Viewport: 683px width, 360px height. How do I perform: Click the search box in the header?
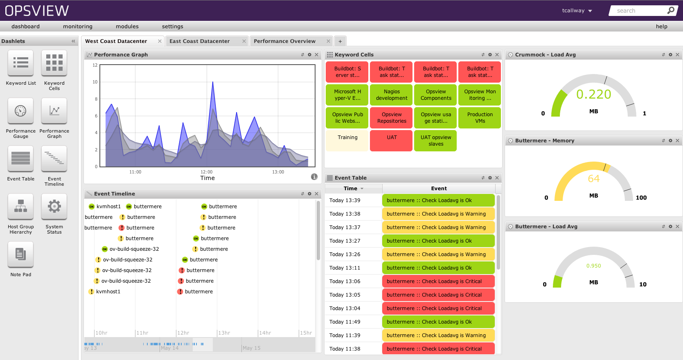pos(640,11)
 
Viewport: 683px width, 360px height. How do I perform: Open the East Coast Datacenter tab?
pos(199,41)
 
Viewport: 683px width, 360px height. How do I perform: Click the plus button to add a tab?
pos(340,41)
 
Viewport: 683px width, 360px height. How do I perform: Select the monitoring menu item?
pos(78,27)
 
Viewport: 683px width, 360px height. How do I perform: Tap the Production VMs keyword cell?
pos(480,118)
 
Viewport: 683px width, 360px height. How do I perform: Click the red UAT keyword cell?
pos(392,140)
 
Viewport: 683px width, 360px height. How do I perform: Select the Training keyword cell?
pos(347,140)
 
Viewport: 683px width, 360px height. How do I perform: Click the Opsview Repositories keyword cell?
pos(392,118)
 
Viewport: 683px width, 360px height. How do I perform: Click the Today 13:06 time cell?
pos(345,281)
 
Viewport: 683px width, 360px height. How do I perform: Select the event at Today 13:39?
pos(438,200)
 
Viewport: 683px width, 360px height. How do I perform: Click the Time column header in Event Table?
pos(351,189)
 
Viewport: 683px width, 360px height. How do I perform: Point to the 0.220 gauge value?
pos(593,94)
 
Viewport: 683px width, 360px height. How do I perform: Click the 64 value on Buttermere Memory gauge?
pos(593,179)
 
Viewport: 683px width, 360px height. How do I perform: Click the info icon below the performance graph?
pos(314,177)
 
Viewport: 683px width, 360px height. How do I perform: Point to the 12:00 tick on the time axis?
pos(206,172)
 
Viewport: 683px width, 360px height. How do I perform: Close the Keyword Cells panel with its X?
pos(497,55)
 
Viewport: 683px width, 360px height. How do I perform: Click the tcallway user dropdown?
pos(577,11)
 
